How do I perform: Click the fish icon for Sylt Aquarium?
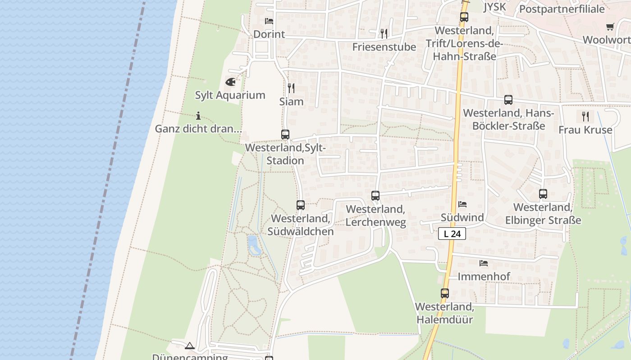pos(230,82)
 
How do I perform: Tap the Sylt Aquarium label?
pos(230,95)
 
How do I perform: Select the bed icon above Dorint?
pos(269,21)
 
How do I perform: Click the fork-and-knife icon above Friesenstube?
pos(384,33)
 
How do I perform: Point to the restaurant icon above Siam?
pos(291,88)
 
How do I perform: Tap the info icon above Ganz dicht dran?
pos(198,116)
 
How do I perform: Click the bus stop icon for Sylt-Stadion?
pos(285,134)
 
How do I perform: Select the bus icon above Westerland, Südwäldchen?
pos(301,205)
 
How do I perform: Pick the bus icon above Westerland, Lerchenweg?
pos(375,196)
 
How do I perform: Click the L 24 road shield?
pos(452,234)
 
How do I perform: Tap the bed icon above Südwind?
pos(462,204)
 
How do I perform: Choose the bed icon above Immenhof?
pos(484,263)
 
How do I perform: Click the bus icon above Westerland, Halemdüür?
pos(445,293)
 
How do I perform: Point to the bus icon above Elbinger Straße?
pos(543,194)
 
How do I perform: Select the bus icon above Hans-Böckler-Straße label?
pos(508,100)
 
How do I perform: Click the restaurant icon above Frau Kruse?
pos(585,117)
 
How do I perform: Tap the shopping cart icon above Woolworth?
pos(610,27)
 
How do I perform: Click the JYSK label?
pos(494,7)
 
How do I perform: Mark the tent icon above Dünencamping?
pos(190,346)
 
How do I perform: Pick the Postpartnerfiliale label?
pos(562,9)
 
